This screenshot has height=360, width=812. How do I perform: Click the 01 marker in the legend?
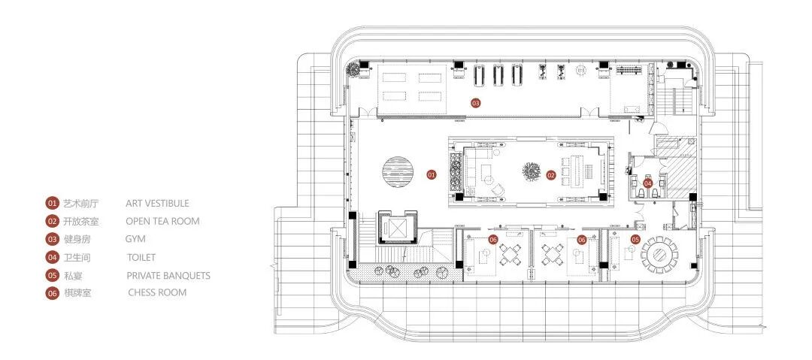(52, 204)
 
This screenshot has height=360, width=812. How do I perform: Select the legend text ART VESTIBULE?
(157, 204)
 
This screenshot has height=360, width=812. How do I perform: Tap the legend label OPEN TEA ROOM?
(162, 221)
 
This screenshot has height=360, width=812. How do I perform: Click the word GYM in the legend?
(135, 239)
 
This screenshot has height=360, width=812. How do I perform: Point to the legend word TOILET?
(141, 257)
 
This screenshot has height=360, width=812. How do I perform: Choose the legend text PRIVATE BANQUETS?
(168, 276)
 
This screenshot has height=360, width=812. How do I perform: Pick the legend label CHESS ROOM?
(157, 292)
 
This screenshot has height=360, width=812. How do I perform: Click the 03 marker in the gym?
(475, 103)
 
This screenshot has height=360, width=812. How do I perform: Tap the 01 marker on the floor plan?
(432, 175)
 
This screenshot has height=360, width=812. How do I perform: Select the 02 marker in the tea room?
(550, 176)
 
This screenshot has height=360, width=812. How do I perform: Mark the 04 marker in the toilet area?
(648, 183)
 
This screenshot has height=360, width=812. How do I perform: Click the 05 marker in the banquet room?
(635, 240)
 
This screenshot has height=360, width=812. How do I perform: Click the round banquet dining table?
(660, 256)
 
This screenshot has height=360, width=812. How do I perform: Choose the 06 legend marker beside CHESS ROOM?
(52, 293)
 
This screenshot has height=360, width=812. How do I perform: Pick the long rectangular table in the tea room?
(577, 170)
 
